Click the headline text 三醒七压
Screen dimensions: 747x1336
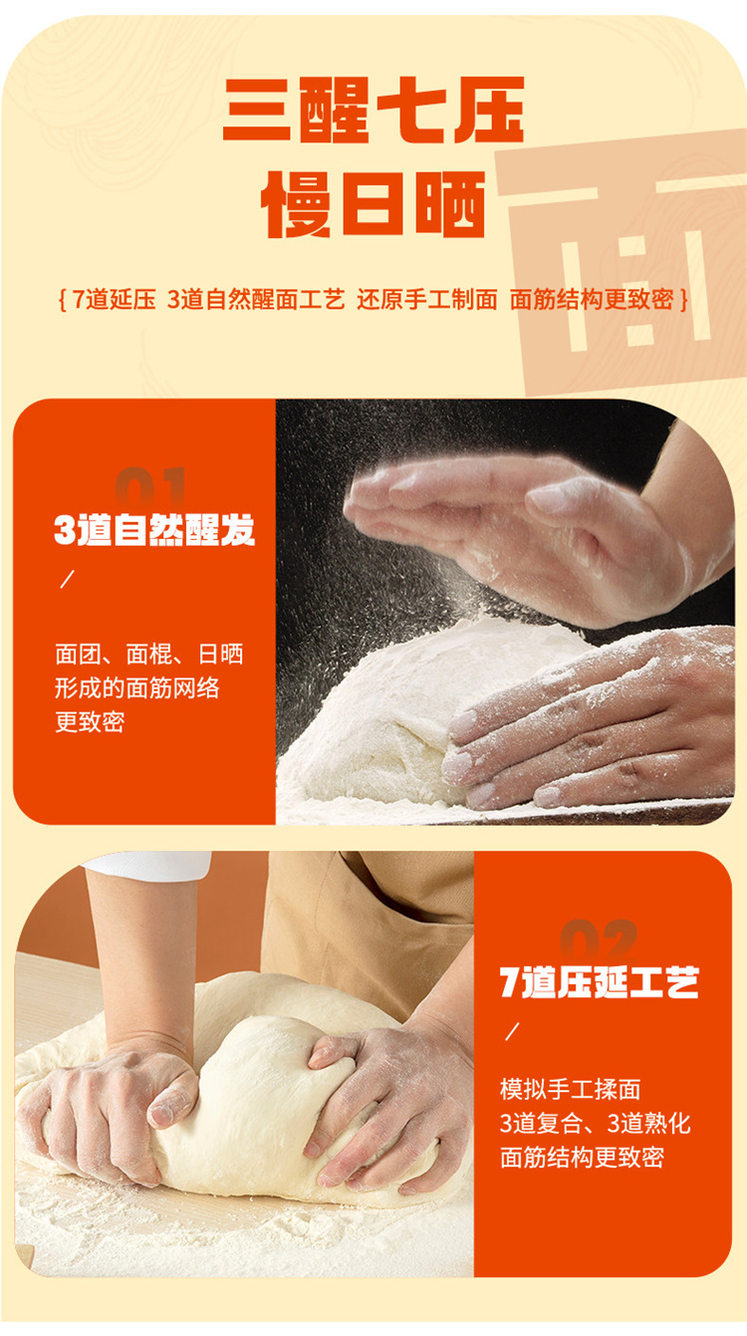pyautogui.click(x=373, y=110)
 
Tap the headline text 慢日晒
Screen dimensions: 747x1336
pyautogui.click(x=373, y=204)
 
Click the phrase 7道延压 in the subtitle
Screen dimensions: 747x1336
pyautogui.click(x=115, y=300)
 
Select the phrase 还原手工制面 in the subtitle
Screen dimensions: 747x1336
pyautogui.click(x=427, y=300)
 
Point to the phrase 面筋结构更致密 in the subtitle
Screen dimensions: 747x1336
pyautogui.click(x=592, y=300)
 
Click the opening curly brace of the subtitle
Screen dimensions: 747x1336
pyautogui.click(x=62, y=300)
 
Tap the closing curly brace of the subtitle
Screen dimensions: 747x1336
pyautogui.click(x=684, y=300)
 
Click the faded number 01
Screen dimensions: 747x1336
pyautogui.click(x=150, y=487)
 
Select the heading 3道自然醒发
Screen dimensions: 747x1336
pyautogui.click(x=154, y=529)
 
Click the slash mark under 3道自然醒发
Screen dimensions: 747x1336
pyautogui.click(x=67, y=579)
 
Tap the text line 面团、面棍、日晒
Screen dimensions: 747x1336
pyautogui.click(x=149, y=655)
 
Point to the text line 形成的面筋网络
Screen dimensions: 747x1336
pyautogui.click(x=137, y=688)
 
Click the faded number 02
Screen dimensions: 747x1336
pyautogui.click(x=598, y=939)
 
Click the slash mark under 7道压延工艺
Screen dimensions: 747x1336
pyautogui.click(x=512, y=1032)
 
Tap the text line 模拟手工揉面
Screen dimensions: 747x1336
pyautogui.click(x=570, y=1090)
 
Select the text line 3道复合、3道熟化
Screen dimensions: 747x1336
pyautogui.click(x=595, y=1124)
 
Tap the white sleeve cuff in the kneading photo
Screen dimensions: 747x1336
pyautogui.click(x=149, y=866)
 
